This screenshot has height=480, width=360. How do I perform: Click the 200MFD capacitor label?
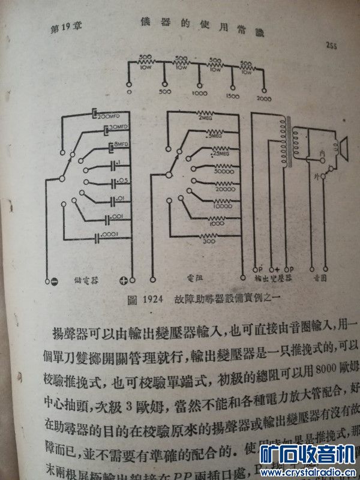[x=110, y=115]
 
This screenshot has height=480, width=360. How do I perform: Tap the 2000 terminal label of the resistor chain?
[x=263, y=98]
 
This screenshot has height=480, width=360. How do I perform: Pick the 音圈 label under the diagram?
[x=321, y=280]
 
